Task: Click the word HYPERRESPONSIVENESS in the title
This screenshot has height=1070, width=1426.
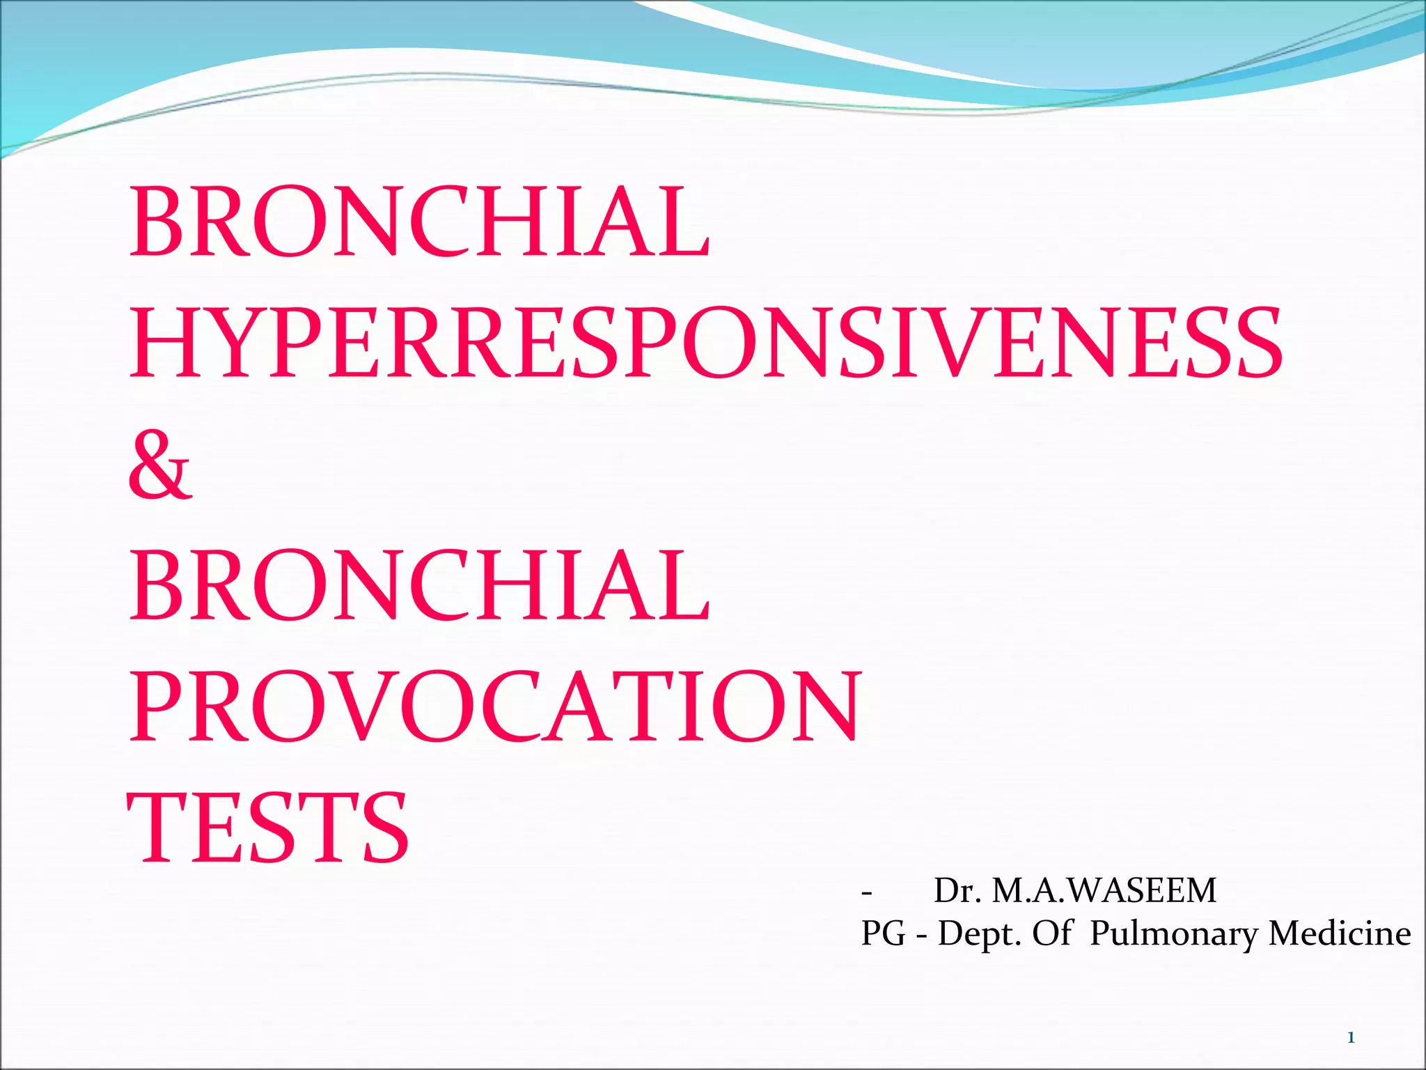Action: tap(705, 343)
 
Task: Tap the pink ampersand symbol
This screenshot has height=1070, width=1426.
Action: tap(159, 465)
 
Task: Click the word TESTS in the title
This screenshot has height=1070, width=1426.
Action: tap(269, 828)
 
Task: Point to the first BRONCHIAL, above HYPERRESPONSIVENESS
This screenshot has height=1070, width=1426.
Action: tap(420, 222)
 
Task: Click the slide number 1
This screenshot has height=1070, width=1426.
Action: tap(1351, 1038)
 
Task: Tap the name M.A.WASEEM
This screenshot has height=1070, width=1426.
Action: tap(1104, 890)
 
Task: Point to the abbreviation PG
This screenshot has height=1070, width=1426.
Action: tap(883, 933)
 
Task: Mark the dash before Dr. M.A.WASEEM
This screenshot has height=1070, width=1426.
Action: tap(866, 892)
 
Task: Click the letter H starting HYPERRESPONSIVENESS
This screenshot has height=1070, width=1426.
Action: tap(167, 343)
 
